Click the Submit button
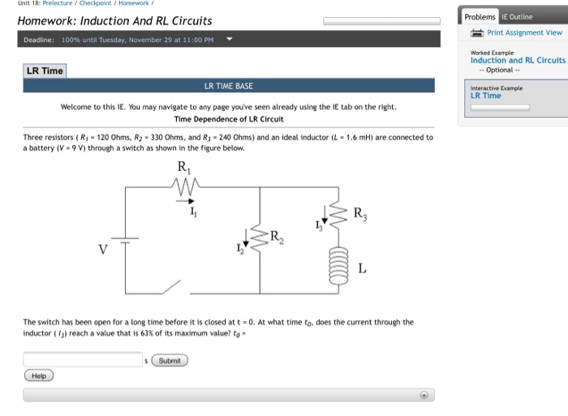(169, 360)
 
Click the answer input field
(83, 359)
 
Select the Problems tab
(480, 16)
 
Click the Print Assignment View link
(524, 32)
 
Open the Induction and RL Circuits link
(518, 60)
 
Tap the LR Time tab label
(44, 71)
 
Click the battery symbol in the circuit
(125, 241)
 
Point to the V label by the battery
(103, 249)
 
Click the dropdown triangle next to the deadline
(230, 39)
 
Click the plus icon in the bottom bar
(423, 395)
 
